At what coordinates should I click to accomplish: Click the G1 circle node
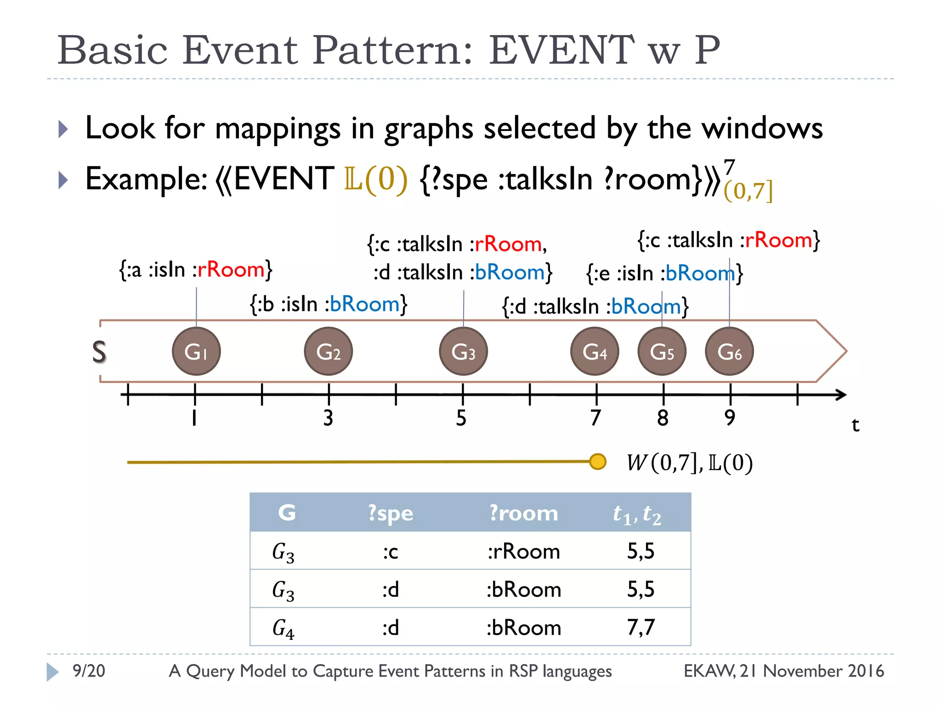(196, 351)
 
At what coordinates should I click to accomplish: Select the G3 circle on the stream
(463, 351)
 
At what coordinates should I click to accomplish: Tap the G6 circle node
(729, 351)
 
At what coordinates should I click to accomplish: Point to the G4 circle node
(595, 351)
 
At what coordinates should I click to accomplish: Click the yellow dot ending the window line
(597, 461)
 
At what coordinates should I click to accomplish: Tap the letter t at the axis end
(855, 425)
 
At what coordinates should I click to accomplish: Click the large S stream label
(99, 353)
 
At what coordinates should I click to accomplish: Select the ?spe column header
(391, 513)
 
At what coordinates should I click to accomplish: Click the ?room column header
(523, 513)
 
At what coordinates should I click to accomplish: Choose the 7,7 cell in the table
(641, 627)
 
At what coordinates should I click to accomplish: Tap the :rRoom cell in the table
(523, 551)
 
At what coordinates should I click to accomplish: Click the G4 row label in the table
(283, 628)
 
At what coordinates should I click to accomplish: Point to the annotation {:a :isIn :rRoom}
(196, 269)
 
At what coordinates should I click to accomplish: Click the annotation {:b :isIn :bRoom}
(329, 304)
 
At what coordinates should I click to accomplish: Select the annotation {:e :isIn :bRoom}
(664, 273)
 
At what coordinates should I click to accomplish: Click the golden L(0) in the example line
(375, 179)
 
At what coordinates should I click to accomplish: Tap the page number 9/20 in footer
(89, 671)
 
